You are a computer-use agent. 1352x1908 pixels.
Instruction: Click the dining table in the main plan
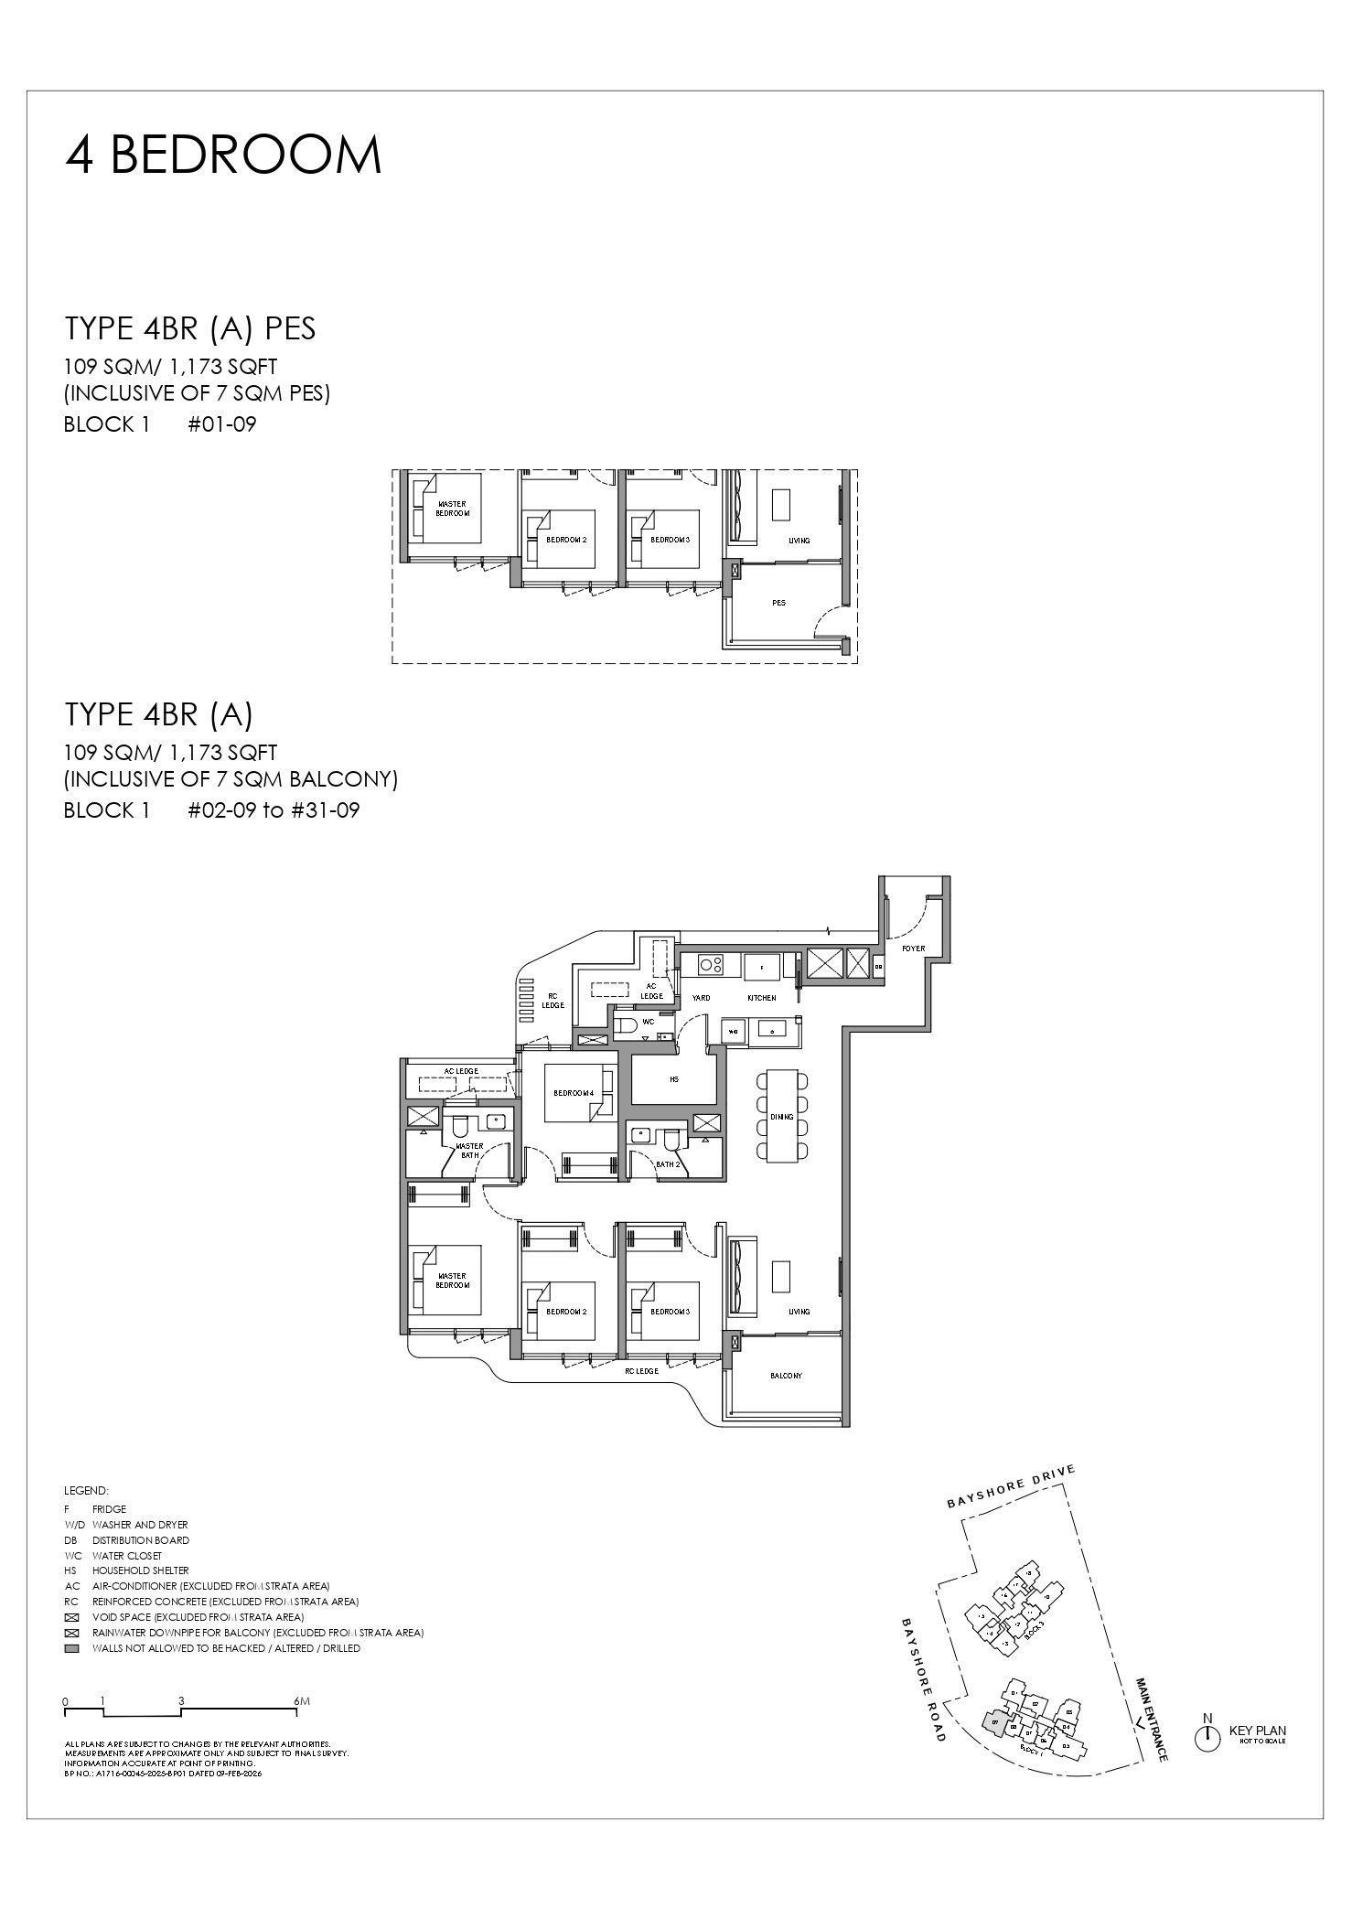782,1117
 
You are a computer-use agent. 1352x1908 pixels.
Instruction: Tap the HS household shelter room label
674,1079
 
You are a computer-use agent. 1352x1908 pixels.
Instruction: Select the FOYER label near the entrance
913,949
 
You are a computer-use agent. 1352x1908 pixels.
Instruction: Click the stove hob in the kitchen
711,964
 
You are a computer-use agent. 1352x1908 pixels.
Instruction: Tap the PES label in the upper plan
778,603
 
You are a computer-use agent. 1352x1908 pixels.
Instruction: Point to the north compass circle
1207,1740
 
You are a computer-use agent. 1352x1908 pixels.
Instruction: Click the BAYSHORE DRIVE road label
1011,1488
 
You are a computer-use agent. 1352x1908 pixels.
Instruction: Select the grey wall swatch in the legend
71,1648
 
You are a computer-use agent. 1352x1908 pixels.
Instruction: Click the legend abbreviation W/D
74,1525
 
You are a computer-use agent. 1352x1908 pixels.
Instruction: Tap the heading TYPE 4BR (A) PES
190,328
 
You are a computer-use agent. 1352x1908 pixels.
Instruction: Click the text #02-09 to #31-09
274,810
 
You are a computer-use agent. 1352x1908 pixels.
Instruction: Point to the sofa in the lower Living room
742,1277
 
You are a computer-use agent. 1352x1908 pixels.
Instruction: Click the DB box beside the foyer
878,966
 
